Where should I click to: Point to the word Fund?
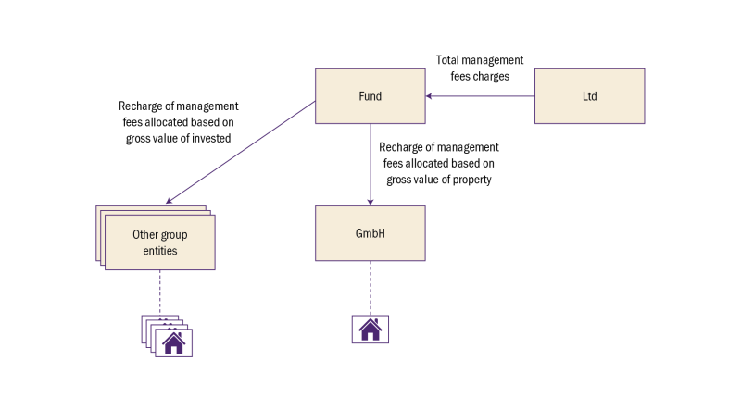pos(370,96)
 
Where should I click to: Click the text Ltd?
pos(589,96)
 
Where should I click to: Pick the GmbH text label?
pos(370,233)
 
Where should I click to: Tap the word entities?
pos(160,251)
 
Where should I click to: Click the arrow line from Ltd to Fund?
pos(482,96)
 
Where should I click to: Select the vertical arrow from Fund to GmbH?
pos(370,162)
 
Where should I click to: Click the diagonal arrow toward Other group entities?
pos(241,152)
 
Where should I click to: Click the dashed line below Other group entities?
pos(160,292)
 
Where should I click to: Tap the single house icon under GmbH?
pos(370,330)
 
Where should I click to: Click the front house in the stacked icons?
pos(174,344)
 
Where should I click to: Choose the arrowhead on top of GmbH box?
pos(370,201)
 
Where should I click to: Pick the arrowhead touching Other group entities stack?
pos(169,201)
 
